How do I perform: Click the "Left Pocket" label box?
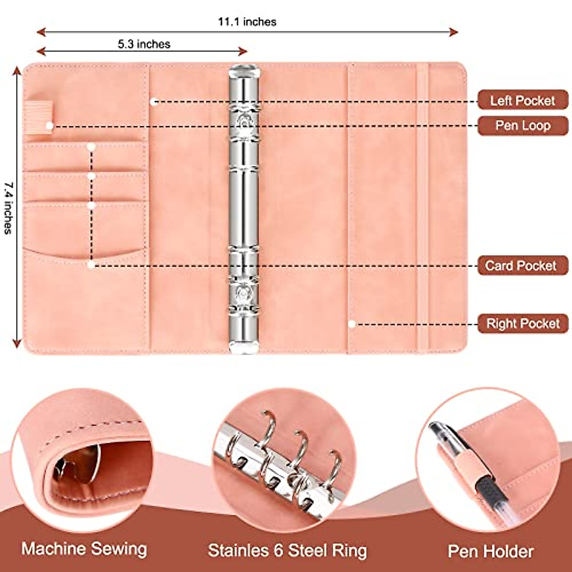(522, 101)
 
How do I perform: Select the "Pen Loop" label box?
(522, 126)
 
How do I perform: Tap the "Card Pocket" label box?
(521, 266)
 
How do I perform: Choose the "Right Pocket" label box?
(522, 324)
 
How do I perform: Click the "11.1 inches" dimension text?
(247, 22)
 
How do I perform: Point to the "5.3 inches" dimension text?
(144, 44)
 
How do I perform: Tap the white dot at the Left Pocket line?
(153, 102)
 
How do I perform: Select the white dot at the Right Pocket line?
(352, 324)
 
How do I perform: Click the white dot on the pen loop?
(50, 126)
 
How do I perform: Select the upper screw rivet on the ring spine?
(245, 122)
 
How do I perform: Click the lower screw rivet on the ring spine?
(245, 292)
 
